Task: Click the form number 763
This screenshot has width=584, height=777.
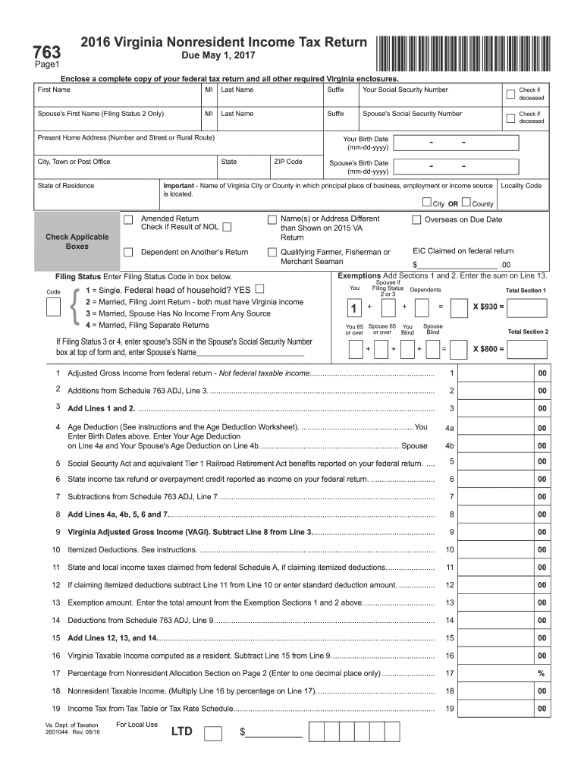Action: click(46, 51)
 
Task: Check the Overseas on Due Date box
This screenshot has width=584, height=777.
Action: click(416, 220)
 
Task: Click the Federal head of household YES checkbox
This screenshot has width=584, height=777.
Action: click(261, 289)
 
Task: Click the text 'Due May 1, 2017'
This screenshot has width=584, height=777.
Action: click(212, 57)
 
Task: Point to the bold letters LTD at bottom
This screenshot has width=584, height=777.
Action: click(182, 732)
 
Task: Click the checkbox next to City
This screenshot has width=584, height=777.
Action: click(425, 203)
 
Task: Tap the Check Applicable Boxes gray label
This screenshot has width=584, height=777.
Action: click(77, 241)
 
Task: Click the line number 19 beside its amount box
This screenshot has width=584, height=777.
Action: click(450, 709)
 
